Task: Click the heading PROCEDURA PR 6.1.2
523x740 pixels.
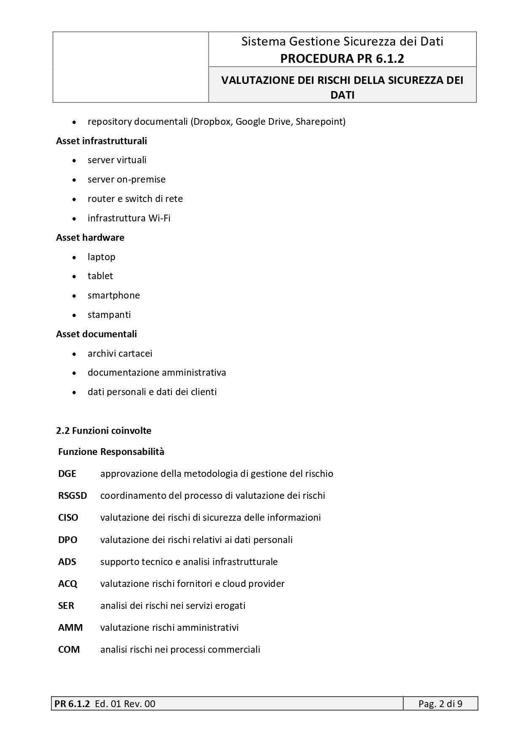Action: [x=342, y=59]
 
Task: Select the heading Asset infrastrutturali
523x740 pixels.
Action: [x=102, y=141]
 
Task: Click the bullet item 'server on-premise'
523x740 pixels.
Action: [x=126, y=180]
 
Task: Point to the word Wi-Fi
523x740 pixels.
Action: [x=159, y=218]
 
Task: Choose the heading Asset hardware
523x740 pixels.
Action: [x=90, y=237]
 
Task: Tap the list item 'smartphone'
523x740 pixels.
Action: [x=114, y=296]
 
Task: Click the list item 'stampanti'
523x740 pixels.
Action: [x=109, y=315]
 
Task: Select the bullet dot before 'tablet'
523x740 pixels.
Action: [x=75, y=277]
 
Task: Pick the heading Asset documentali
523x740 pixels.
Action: [x=97, y=334]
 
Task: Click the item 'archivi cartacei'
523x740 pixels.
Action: [x=120, y=354]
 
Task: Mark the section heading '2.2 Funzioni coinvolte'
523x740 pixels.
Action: [x=104, y=431]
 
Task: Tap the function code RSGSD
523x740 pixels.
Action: [x=72, y=496]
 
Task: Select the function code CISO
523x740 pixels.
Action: [x=68, y=518]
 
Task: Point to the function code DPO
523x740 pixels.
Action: [x=68, y=540]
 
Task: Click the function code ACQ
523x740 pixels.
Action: [x=68, y=584]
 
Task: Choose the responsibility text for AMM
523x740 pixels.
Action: [x=169, y=628]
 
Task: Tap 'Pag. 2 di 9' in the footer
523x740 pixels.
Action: [x=440, y=704]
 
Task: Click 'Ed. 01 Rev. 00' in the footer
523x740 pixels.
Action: [x=125, y=704]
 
